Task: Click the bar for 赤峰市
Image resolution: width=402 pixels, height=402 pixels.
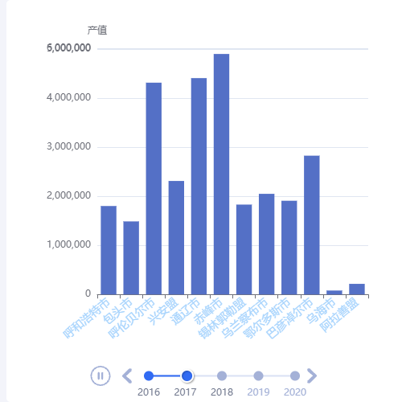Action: (x=221, y=174)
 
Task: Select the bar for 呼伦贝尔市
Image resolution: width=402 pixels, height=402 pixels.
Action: (x=154, y=188)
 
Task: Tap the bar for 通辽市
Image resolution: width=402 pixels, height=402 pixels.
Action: (x=199, y=186)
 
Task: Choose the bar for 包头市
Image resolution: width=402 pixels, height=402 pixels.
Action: (x=131, y=257)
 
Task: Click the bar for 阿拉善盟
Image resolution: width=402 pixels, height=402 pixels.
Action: (x=356, y=289)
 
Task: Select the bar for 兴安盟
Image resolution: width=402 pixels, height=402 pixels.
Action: (x=176, y=237)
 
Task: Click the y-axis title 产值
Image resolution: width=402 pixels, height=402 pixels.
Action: (x=97, y=31)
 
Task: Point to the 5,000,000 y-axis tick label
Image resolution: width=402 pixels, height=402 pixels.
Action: (x=68, y=49)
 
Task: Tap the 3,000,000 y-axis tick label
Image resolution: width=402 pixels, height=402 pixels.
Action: (x=68, y=147)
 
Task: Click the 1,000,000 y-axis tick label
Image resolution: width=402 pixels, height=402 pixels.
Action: (x=68, y=245)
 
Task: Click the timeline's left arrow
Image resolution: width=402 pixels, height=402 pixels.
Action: (x=126, y=375)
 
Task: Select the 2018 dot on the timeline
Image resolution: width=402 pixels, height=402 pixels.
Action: (x=222, y=375)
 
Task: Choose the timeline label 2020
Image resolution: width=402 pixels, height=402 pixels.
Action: (x=295, y=392)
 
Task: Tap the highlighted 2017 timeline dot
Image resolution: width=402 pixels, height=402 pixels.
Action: (x=187, y=375)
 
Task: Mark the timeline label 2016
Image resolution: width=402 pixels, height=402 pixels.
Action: (x=148, y=392)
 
